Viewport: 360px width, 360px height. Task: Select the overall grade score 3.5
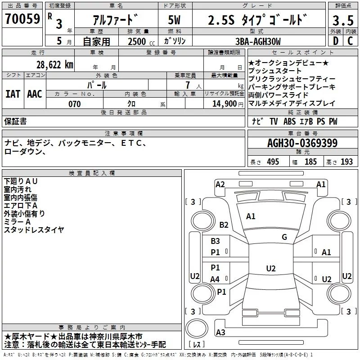tap(342, 21)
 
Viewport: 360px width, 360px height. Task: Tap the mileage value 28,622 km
tap(55, 64)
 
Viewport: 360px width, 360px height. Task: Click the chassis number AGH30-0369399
tap(302, 143)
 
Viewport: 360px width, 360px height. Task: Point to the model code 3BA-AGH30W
tap(257, 41)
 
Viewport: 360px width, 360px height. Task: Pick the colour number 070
tap(74, 104)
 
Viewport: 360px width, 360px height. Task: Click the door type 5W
tap(175, 21)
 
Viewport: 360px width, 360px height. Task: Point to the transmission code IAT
tap(13, 94)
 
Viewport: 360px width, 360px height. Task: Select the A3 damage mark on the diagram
tap(220, 333)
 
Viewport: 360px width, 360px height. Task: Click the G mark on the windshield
tap(284, 237)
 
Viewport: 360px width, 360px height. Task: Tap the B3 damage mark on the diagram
tap(216, 241)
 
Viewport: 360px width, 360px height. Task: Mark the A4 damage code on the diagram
tap(215, 279)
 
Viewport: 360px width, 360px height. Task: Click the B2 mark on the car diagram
tap(224, 225)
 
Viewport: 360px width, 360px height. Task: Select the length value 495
tap(273, 162)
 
